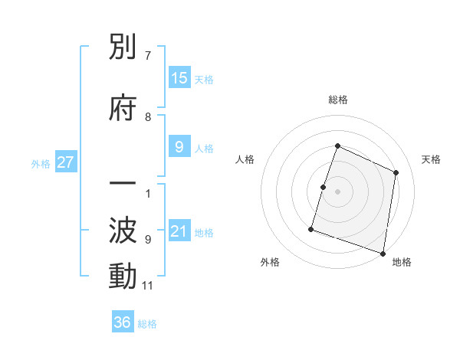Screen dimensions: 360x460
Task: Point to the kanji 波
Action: (123, 231)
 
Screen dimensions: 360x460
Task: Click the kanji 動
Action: (123, 277)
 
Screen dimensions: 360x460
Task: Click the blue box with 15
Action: (179, 77)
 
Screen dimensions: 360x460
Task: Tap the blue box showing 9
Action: (179, 147)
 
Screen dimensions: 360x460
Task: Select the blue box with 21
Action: (179, 231)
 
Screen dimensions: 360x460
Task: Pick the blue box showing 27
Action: (65, 162)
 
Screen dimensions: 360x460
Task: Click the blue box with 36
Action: (123, 322)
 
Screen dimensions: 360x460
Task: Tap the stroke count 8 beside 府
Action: (148, 117)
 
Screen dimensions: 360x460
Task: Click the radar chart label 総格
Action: (337, 100)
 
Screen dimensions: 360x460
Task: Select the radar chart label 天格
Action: (431, 159)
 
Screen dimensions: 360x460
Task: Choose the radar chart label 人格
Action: (245, 159)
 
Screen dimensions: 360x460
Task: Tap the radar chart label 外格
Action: (270, 262)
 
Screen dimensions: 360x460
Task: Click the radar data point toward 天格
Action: (396, 172)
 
